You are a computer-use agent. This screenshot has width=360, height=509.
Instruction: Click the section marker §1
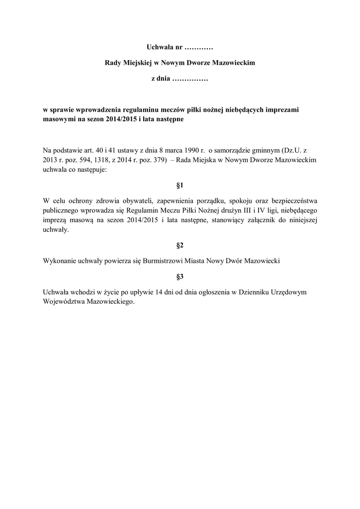coord(180,185)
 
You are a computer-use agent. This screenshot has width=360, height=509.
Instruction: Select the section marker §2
coord(180,246)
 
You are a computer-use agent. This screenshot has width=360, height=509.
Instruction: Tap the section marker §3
coord(180,276)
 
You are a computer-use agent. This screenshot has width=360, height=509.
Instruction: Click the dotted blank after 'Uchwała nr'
coord(198,48)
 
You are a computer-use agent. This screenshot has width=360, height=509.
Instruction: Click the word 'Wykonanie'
coord(59,261)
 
